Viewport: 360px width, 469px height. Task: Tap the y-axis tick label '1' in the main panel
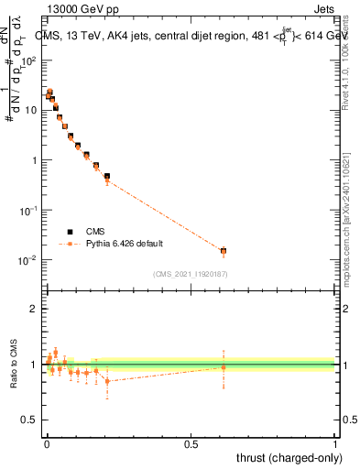point(33,160)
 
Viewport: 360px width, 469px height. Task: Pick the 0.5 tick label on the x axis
point(191,443)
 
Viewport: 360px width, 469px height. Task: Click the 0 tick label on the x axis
point(47,443)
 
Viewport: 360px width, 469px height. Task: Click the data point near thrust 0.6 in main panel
point(223,251)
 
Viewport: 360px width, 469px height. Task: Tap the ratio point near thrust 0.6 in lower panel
point(223,367)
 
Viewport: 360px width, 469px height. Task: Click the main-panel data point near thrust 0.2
point(107,177)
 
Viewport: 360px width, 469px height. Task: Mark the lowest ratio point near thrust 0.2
point(107,381)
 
